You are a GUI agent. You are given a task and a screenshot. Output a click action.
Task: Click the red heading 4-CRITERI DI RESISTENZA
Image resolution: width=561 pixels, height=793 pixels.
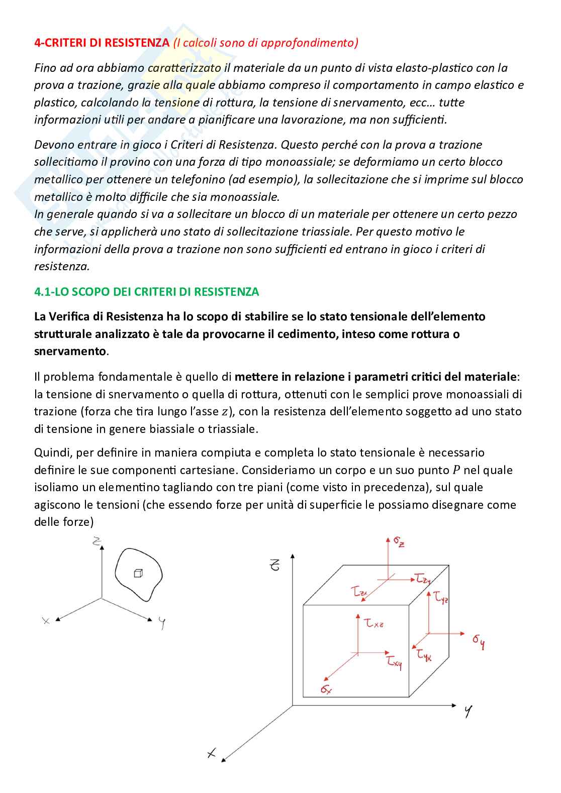pos(102,43)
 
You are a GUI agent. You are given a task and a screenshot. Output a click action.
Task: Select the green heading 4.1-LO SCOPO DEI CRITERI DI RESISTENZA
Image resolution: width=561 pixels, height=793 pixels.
pos(146,292)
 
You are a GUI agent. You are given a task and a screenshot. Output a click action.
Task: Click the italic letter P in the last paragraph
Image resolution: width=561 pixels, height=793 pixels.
pos(456,470)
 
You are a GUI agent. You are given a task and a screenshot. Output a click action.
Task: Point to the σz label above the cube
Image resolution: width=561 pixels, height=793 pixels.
pos(399,542)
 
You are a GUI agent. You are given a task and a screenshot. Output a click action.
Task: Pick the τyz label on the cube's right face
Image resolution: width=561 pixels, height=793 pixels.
pos(441,598)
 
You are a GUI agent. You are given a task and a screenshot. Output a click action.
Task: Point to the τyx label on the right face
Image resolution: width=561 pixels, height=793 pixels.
pos(424,655)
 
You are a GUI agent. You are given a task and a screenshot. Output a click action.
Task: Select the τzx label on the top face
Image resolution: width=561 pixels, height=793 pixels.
pos(360,593)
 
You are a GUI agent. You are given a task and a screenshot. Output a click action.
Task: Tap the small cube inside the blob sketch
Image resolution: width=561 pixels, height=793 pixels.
pos(138,573)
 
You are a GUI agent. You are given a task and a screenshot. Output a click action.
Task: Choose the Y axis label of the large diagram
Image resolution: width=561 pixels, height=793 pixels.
pos(469,712)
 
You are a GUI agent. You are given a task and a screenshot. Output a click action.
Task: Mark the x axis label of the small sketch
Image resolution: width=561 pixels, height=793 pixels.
pos(46,621)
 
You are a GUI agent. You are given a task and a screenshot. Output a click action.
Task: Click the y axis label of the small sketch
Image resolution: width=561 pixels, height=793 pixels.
pos(162,623)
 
